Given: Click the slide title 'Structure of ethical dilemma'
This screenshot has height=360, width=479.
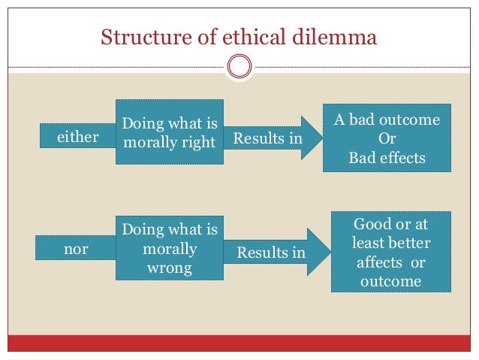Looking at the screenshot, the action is (238, 36).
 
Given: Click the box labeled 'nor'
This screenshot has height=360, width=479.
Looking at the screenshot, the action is (76, 249).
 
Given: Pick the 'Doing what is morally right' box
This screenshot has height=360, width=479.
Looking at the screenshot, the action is (169, 132).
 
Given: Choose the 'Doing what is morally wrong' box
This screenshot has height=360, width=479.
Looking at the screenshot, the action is (169, 248).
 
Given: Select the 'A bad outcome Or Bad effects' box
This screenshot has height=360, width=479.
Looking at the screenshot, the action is (387, 139).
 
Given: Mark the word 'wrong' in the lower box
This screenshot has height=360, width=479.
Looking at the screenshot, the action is (169, 267).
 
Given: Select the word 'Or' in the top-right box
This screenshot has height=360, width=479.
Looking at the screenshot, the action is (387, 139).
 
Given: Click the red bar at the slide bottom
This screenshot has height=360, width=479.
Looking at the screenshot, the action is (239, 344).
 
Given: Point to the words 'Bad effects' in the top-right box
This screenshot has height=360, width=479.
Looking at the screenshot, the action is (387, 158).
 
